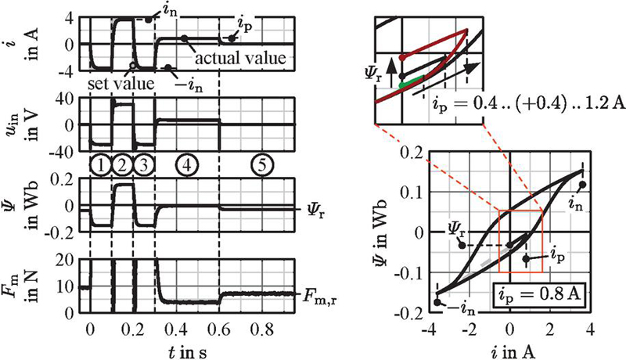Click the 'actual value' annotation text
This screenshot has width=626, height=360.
tap(238, 59)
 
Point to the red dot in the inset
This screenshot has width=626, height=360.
tap(402, 57)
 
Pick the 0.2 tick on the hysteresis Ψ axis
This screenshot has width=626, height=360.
tap(410, 150)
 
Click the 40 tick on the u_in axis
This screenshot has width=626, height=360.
tap(65, 97)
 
